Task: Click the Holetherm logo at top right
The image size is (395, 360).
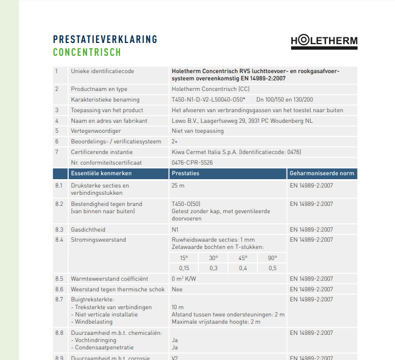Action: (324, 41)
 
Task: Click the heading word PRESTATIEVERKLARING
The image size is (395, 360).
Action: (105, 40)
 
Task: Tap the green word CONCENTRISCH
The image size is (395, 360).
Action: (87, 53)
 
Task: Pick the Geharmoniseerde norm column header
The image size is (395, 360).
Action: (322, 174)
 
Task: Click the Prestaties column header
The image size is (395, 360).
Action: (185, 174)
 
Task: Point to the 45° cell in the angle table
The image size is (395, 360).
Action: (243, 258)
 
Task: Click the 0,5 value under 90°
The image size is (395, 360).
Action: (273, 268)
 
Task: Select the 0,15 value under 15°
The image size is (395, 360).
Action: (184, 268)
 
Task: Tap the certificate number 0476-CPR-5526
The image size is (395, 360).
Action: (192, 162)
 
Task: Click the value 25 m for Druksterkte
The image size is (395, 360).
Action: (178, 185)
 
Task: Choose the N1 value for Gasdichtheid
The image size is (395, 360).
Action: (175, 229)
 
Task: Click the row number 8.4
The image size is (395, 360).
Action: (59, 240)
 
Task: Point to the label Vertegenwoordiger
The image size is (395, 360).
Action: (96, 131)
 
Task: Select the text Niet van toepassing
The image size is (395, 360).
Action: (198, 131)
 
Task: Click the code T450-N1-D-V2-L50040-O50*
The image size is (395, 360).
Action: (209, 99)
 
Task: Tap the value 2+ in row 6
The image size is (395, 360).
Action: (175, 142)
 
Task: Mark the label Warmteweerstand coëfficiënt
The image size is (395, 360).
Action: (110, 279)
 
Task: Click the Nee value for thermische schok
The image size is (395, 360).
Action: (177, 289)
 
